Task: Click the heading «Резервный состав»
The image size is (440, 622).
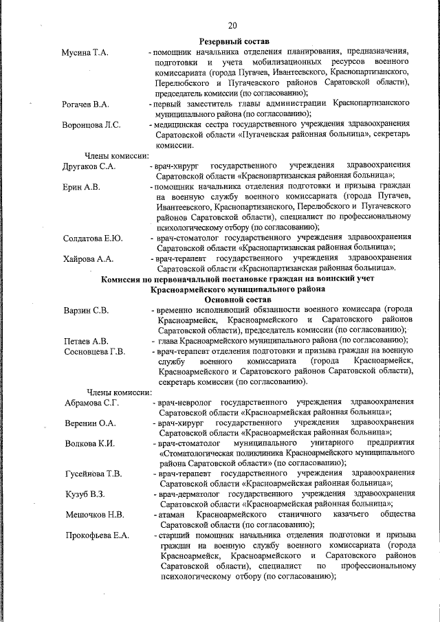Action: (234, 42)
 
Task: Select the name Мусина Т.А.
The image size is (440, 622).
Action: (85, 52)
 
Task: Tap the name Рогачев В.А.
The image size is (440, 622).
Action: (86, 104)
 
